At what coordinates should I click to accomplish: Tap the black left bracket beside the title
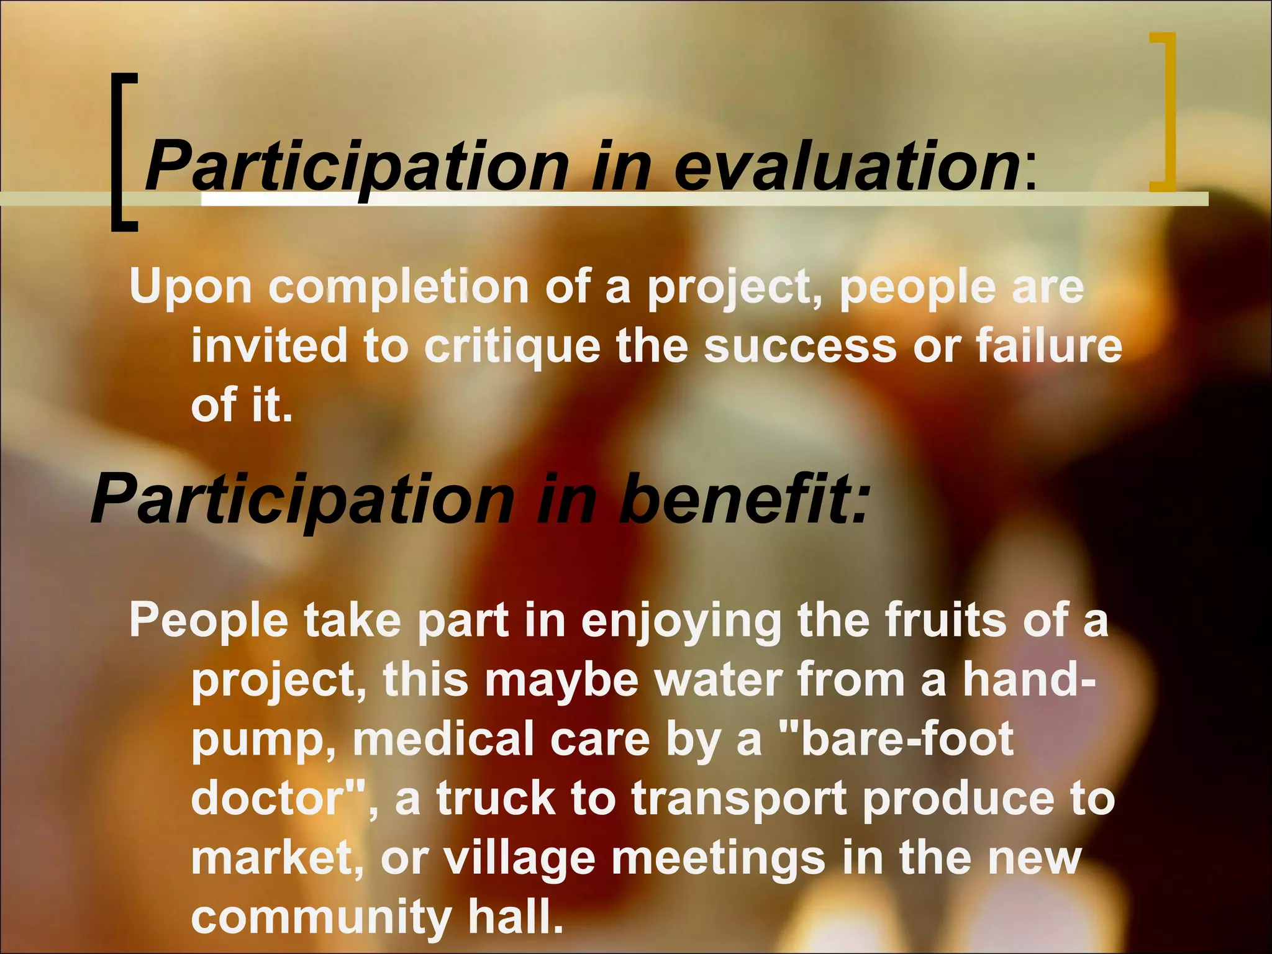pyautogui.click(x=122, y=152)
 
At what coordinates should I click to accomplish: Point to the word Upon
pyautogui.click(x=190, y=287)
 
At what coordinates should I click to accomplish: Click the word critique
pyautogui.click(x=512, y=347)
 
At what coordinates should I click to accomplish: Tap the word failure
pyautogui.click(x=1049, y=345)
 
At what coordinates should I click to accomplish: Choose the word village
pyautogui.click(x=519, y=860)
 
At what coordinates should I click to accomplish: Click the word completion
pyautogui.click(x=398, y=288)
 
